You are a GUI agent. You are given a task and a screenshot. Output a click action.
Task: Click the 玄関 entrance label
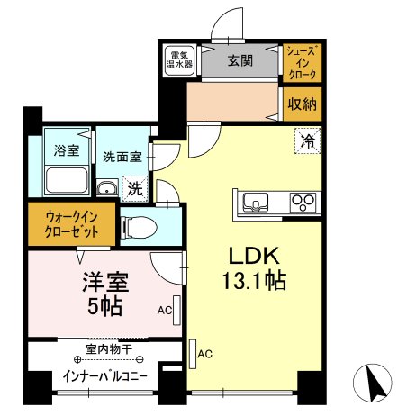pyautogui.click(x=239, y=62)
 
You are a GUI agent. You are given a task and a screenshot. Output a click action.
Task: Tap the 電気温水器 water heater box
pyautogui.click(x=182, y=62)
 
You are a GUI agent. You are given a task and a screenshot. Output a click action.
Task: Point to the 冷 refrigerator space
pyautogui.click(x=306, y=140)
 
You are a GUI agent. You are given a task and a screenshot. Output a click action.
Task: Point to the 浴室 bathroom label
pyautogui.click(x=66, y=149)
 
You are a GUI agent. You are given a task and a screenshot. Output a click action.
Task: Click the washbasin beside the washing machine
pyautogui.click(x=106, y=189)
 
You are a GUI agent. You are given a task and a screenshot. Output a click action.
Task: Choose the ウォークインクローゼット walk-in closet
pyautogui.click(x=70, y=223)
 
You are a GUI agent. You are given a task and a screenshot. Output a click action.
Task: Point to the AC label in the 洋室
pyautogui.click(x=164, y=311)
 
